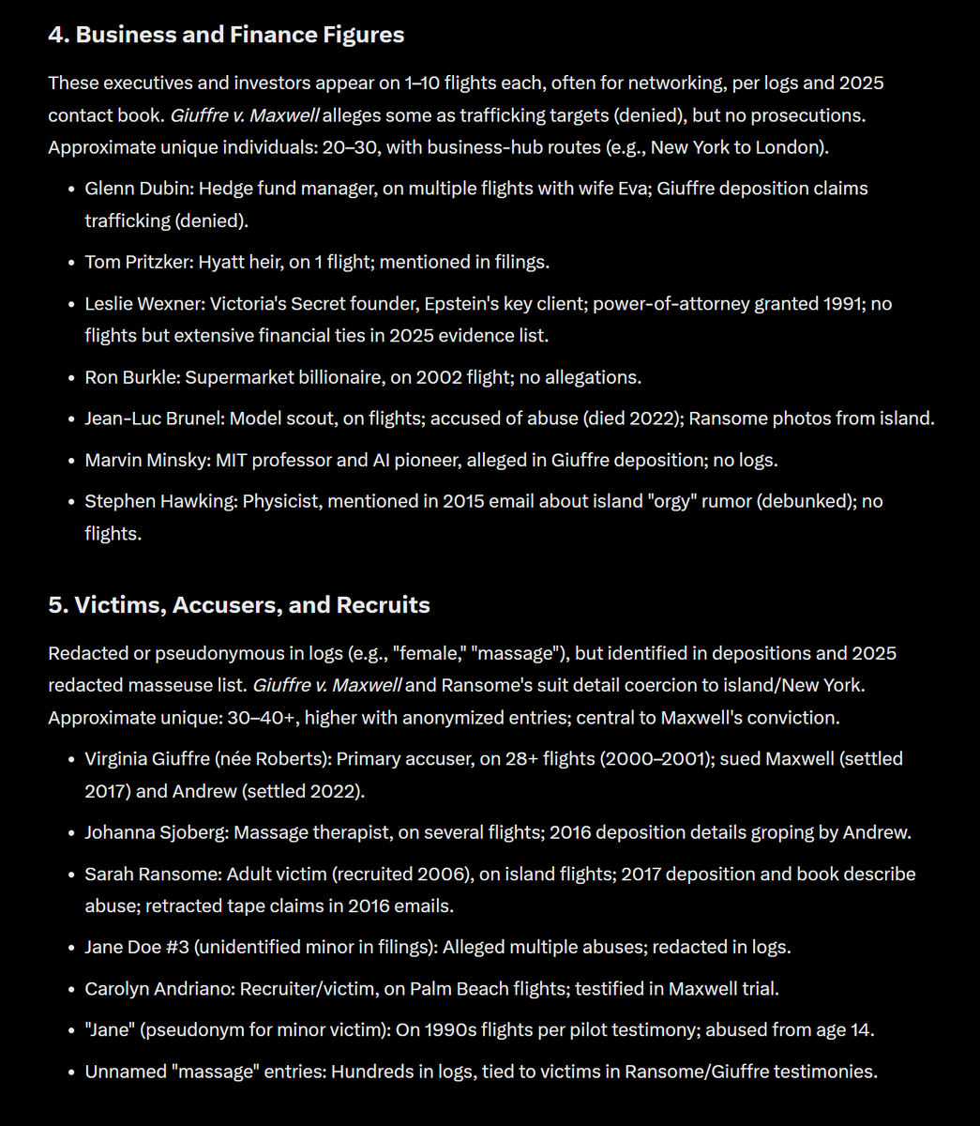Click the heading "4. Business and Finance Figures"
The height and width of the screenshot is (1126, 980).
click(226, 35)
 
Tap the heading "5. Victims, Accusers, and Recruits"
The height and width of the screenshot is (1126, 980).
click(239, 605)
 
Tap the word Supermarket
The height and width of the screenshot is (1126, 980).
click(236, 377)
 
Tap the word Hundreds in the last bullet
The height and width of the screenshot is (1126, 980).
click(372, 1071)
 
